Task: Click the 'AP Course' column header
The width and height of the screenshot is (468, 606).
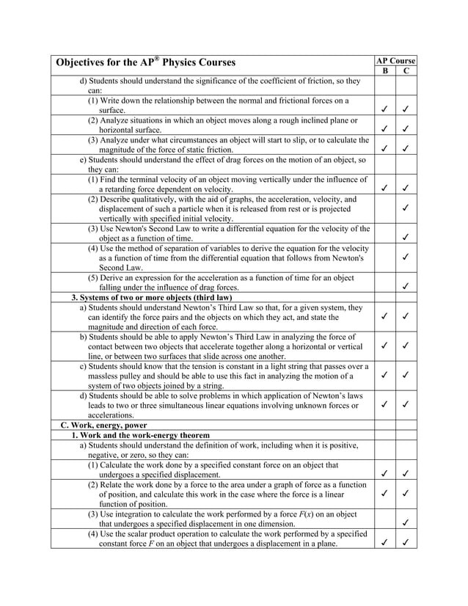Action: pos(395,60)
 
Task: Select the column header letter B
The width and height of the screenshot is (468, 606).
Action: pos(385,71)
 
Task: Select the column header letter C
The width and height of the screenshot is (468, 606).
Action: pos(406,71)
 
